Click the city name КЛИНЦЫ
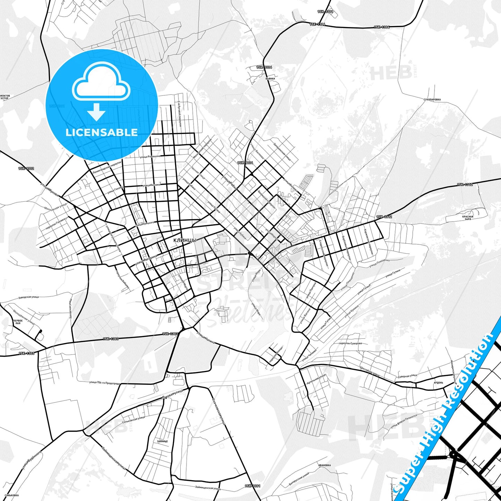185,240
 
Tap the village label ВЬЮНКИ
270,79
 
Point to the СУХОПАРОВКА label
432,100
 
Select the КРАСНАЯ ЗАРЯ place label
468,218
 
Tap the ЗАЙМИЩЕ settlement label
162,441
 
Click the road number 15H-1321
325,12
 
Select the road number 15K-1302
26,169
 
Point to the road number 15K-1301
252,486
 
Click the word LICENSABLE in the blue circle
102,132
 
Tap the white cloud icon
101,82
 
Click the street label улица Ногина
206,337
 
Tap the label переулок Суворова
350,343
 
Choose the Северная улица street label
407,375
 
